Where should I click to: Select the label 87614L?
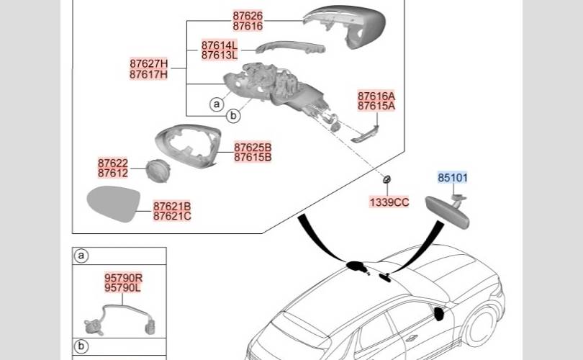[220, 45]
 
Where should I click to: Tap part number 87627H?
[149, 63]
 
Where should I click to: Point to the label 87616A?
[376, 96]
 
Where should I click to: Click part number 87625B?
[253, 147]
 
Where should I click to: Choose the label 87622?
[113, 163]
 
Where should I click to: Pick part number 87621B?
[172, 206]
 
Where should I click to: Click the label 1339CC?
[389, 202]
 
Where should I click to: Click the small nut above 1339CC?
[387, 179]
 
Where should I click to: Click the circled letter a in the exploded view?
[216, 104]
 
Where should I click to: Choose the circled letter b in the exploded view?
[232, 116]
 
